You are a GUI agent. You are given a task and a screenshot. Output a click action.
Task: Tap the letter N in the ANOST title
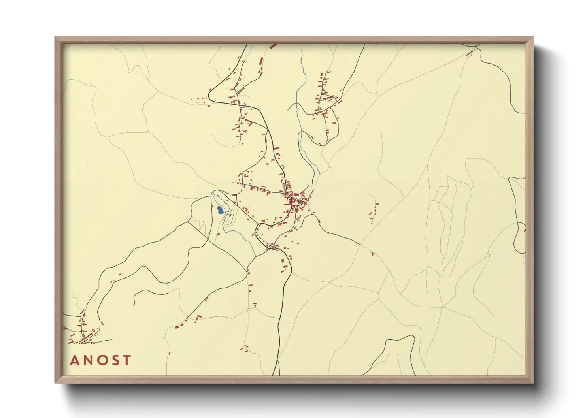(88, 360)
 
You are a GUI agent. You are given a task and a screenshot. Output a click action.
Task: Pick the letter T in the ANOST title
(126, 360)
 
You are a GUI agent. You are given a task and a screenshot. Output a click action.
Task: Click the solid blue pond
(220, 209)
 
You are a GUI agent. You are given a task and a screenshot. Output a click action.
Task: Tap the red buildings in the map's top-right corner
(470, 53)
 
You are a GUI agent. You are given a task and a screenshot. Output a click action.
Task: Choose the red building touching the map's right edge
(525, 229)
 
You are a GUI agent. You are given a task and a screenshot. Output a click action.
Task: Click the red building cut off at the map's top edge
(273, 46)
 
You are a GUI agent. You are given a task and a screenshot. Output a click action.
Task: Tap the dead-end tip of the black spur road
(134, 304)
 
